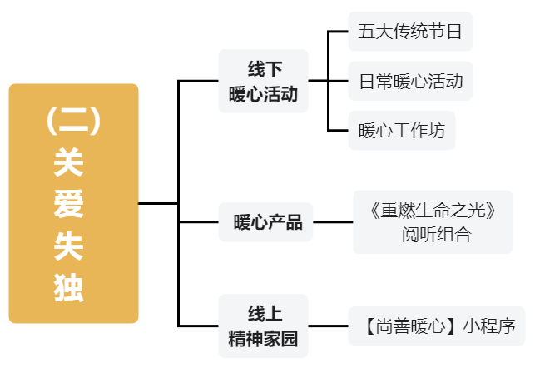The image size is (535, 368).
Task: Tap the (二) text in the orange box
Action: [x=73, y=122]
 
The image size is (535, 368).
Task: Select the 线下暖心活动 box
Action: [x=263, y=81]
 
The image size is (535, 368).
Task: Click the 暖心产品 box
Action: [x=266, y=222]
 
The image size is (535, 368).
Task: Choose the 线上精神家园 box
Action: [x=263, y=326]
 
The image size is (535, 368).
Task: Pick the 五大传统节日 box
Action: [x=410, y=32]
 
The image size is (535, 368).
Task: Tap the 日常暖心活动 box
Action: [x=410, y=82]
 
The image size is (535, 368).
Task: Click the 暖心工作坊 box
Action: [x=401, y=130]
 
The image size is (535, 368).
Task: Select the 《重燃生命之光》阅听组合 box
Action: [x=432, y=221]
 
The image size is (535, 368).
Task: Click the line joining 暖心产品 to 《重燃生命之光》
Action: [x=332, y=222]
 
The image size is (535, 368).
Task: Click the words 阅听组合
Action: [x=436, y=234]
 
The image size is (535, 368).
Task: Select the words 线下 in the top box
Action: [x=264, y=68]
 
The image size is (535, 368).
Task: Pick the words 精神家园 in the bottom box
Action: [x=264, y=338]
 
